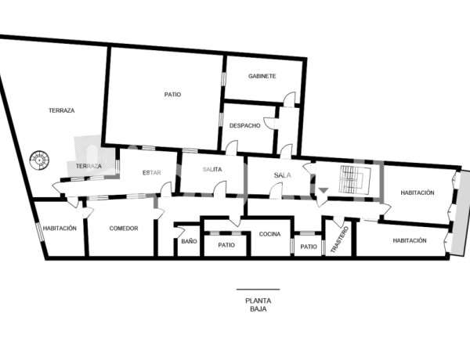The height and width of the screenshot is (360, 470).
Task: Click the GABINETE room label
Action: (x=262, y=76)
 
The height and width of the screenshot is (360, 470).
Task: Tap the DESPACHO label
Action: (x=244, y=125)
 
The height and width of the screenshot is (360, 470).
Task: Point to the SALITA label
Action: (x=212, y=170)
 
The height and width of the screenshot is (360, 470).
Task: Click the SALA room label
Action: (x=282, y=175)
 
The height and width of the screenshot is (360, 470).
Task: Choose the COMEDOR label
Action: (x=124, y=229)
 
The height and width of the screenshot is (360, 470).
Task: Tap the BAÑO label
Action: (x=189, y=242)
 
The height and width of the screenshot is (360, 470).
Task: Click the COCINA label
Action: (x=269, y=234)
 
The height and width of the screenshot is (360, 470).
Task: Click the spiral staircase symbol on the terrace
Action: (x=39, y=160)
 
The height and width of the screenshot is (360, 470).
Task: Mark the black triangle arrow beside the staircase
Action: (x=323, y=190)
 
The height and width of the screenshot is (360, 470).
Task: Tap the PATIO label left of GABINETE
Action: (x=172, y=94)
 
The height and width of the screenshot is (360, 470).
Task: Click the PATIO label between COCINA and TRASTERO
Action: (x=309, y=247)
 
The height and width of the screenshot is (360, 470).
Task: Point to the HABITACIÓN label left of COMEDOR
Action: (x=60, y=229)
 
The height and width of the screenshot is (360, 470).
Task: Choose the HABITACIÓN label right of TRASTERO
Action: (x=410, y=240)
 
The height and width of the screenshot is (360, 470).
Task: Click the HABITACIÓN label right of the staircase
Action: (x=417, y=193)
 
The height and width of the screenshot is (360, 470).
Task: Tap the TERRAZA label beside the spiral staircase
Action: (x=89, y=166)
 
